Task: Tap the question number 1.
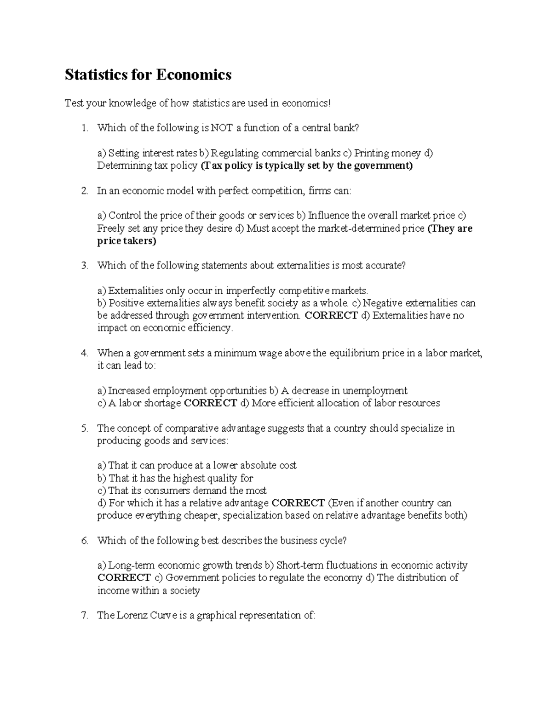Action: [x=84, y=128]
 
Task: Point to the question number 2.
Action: [x=84, y=191]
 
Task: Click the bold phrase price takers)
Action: [x=127, y=241]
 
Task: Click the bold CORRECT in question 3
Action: [x=331, y=316]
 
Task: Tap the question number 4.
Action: [x=84, y=353]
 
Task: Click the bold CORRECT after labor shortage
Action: [x=210, y=404]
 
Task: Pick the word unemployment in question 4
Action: [x=374, y=391]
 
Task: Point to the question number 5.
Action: [x=84, y=428]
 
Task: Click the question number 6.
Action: [x=84, y=541]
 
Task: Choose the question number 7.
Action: [x=84, y=616]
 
